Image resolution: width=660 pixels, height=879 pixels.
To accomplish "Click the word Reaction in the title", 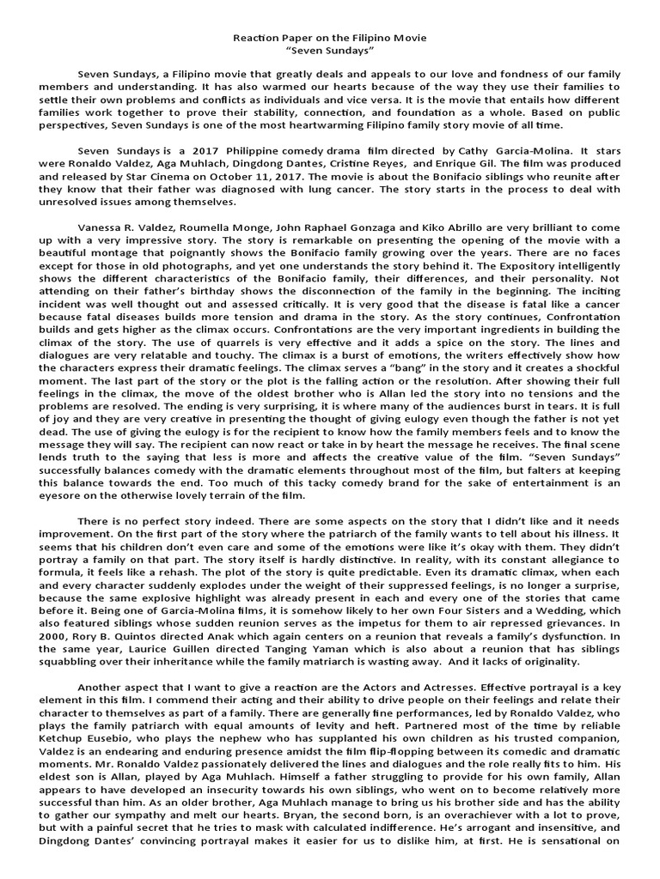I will coord(256,39).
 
